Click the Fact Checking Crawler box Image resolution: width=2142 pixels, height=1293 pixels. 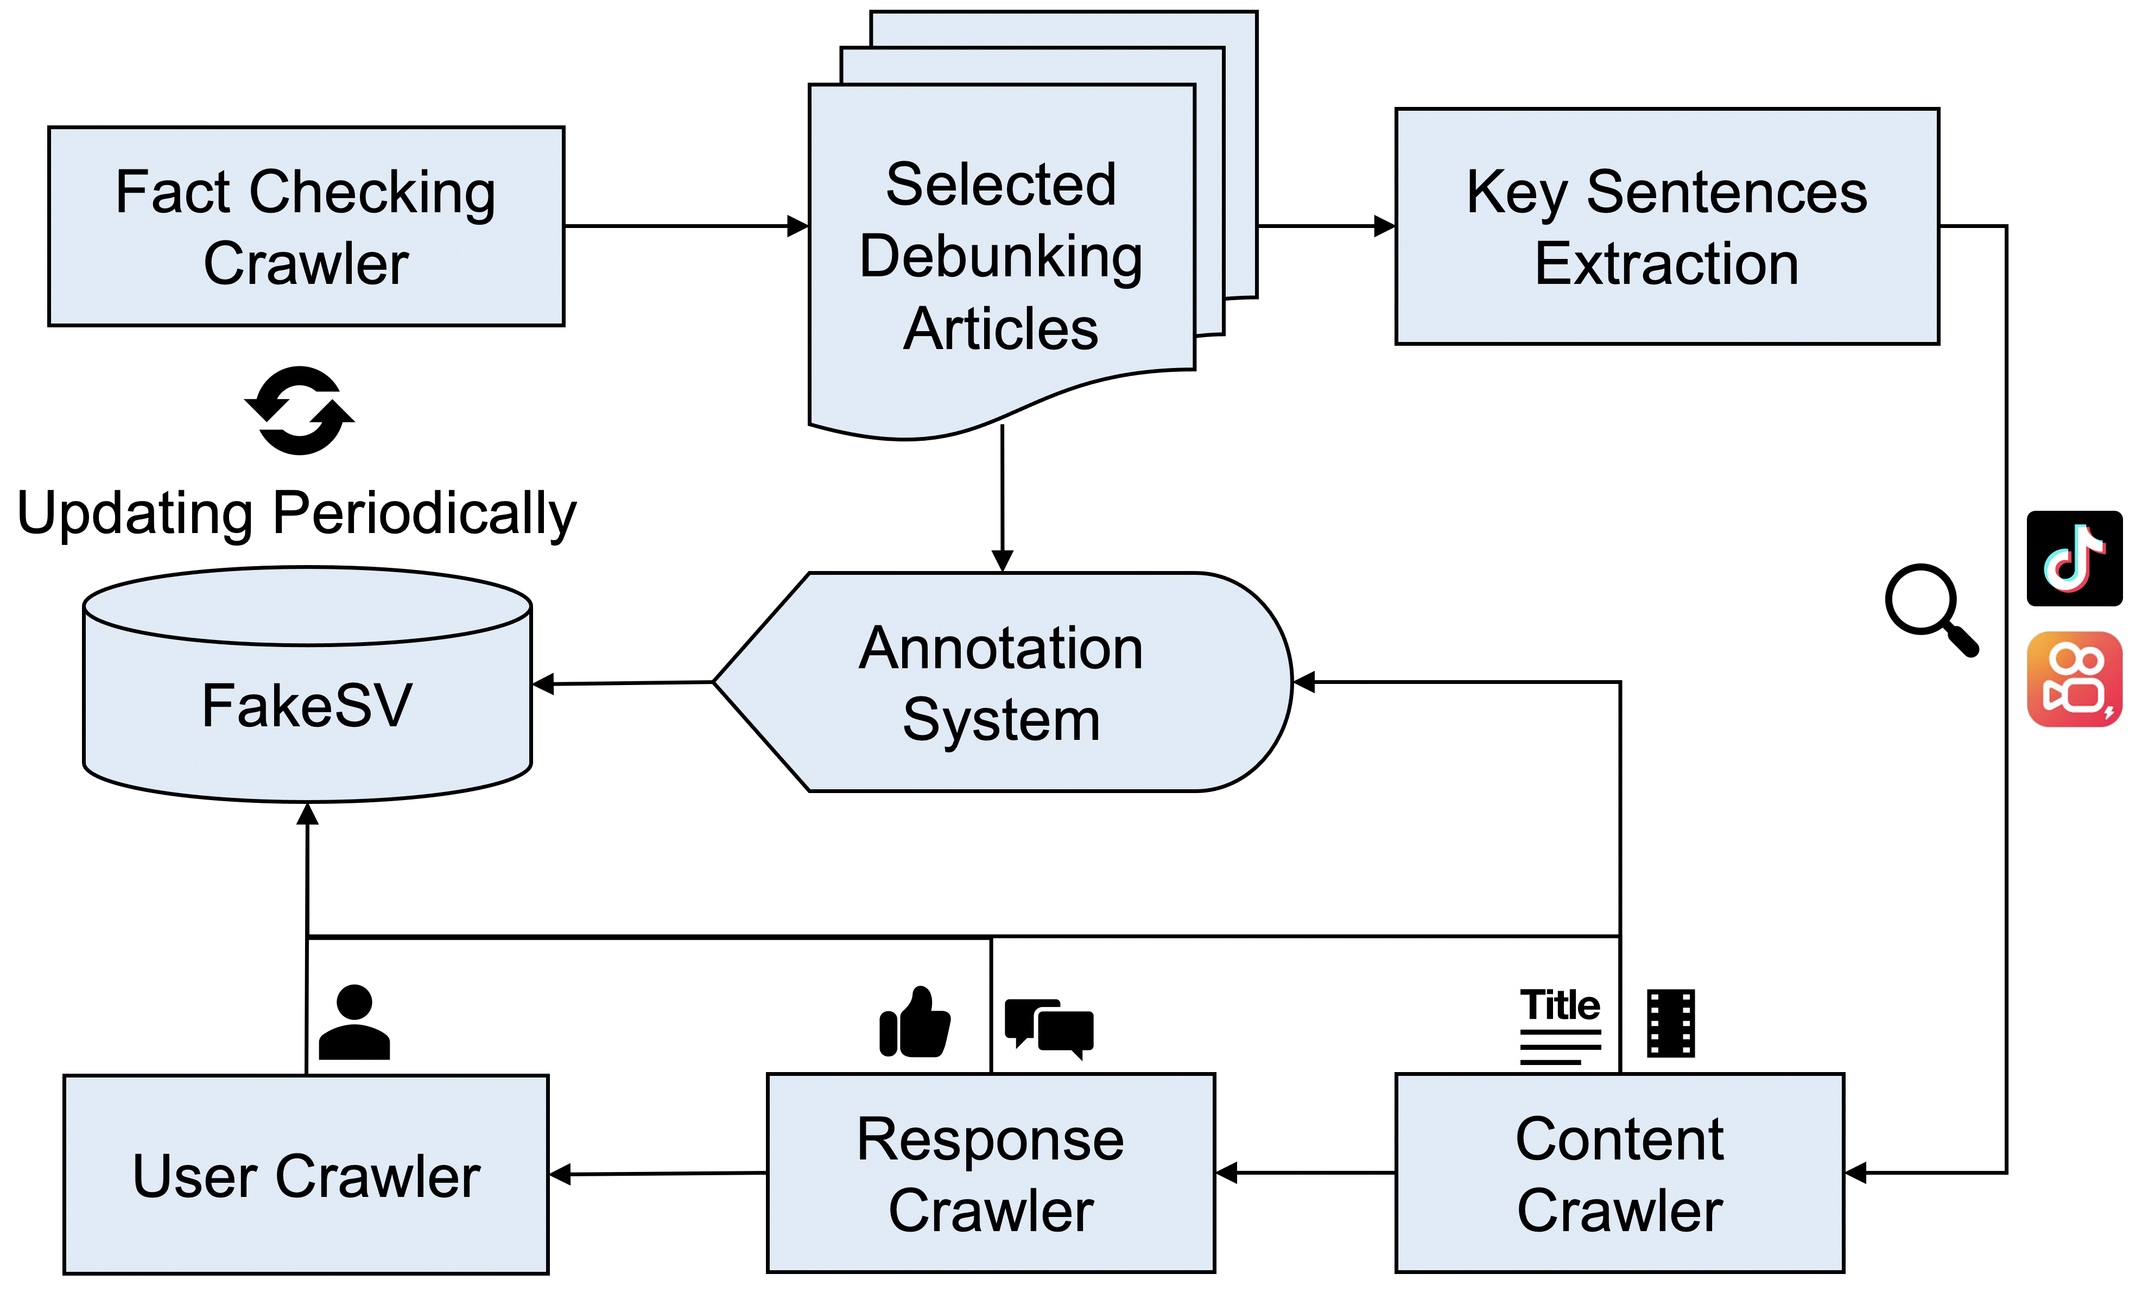tap(306, 226)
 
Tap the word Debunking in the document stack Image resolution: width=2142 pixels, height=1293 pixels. tap(1000, 257)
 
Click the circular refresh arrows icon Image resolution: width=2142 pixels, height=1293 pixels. tap(299, 410)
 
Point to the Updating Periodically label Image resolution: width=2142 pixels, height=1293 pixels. tap(296, 513)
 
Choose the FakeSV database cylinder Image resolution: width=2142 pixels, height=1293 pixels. tap(307, 705)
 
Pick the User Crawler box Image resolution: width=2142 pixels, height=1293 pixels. tap(306, 1175)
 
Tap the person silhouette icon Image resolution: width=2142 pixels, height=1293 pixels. tap(354, 1023)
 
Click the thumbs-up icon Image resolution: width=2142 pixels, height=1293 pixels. tap(915, 1023)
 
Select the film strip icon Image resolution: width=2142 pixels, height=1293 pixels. tap(1670, 1023)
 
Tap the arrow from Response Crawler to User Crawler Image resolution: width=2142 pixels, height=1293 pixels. tap(657, 1174)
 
